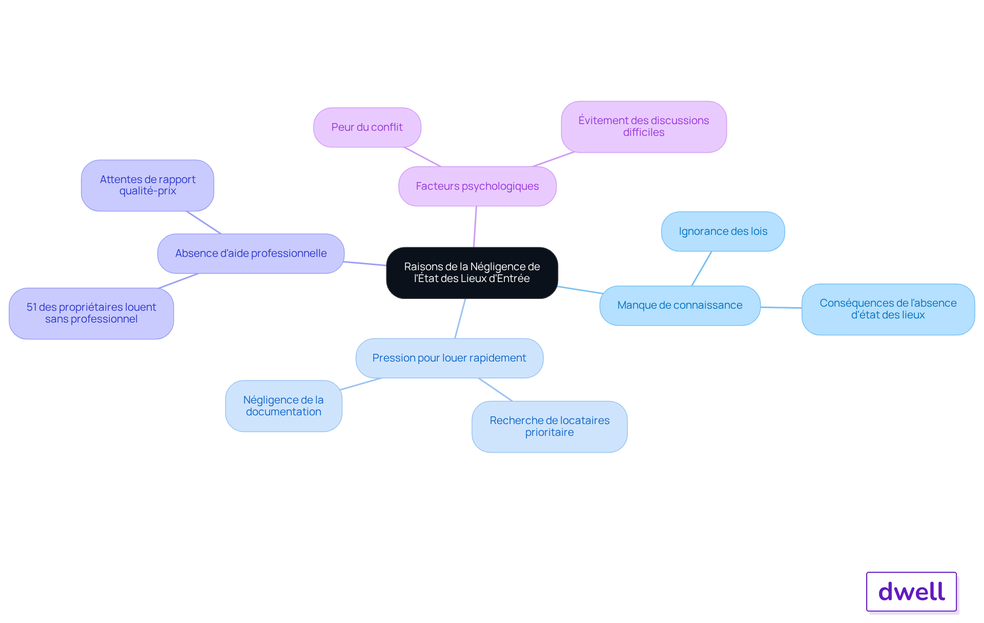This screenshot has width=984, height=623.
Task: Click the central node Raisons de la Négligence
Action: pyautogui.click(x=472, y=273)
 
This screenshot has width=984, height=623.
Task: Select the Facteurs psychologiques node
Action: pyautogui.click(x=477, y=186)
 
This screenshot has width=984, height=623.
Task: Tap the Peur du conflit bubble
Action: pyautogui.click(x=367, y=127)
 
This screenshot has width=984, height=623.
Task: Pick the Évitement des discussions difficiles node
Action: pyautogui.click(x=644, y=127)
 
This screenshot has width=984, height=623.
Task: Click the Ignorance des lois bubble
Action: pyautogui.click(x=723, y=231)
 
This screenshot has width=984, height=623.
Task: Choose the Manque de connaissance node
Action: pyautogui.click(x=680, y=306)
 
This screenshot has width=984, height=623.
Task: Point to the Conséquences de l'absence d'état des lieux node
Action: pyautogui.click(x=888, y=309)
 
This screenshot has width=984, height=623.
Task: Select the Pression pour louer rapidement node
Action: pyautogui.click(x=449, y=358)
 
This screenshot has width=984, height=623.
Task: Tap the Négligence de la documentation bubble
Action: pyautogui.click(x=283, y=406)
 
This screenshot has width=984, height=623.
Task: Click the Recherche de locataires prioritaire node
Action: pyautogui.click(x=549, y=427)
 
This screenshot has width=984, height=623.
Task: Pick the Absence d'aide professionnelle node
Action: pyautogui.click(x=251, y=253)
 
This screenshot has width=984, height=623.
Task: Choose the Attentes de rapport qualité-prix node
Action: pyautogui.click(x=148, y=185)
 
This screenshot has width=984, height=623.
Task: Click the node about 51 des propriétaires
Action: pyautogui.click(x=91, y=313)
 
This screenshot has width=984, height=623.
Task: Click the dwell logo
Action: pyautogui.click(x=911, y=592)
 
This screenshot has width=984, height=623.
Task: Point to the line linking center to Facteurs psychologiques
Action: pyautogui.click(x=475, y=227)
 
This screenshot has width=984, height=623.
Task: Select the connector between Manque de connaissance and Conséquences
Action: pyautogui.click(x=781, y=308)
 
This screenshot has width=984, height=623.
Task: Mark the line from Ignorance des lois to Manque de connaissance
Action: pyautogui.click(x=702, y=269)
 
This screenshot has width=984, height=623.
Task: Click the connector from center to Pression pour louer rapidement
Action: pyautogui.click(x=460, y=318)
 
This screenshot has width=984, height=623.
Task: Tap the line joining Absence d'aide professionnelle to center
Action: pyautogui.click(x=365, y=264)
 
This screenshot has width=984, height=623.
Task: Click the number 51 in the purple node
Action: pyautogui.click(x=32, y=307)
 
